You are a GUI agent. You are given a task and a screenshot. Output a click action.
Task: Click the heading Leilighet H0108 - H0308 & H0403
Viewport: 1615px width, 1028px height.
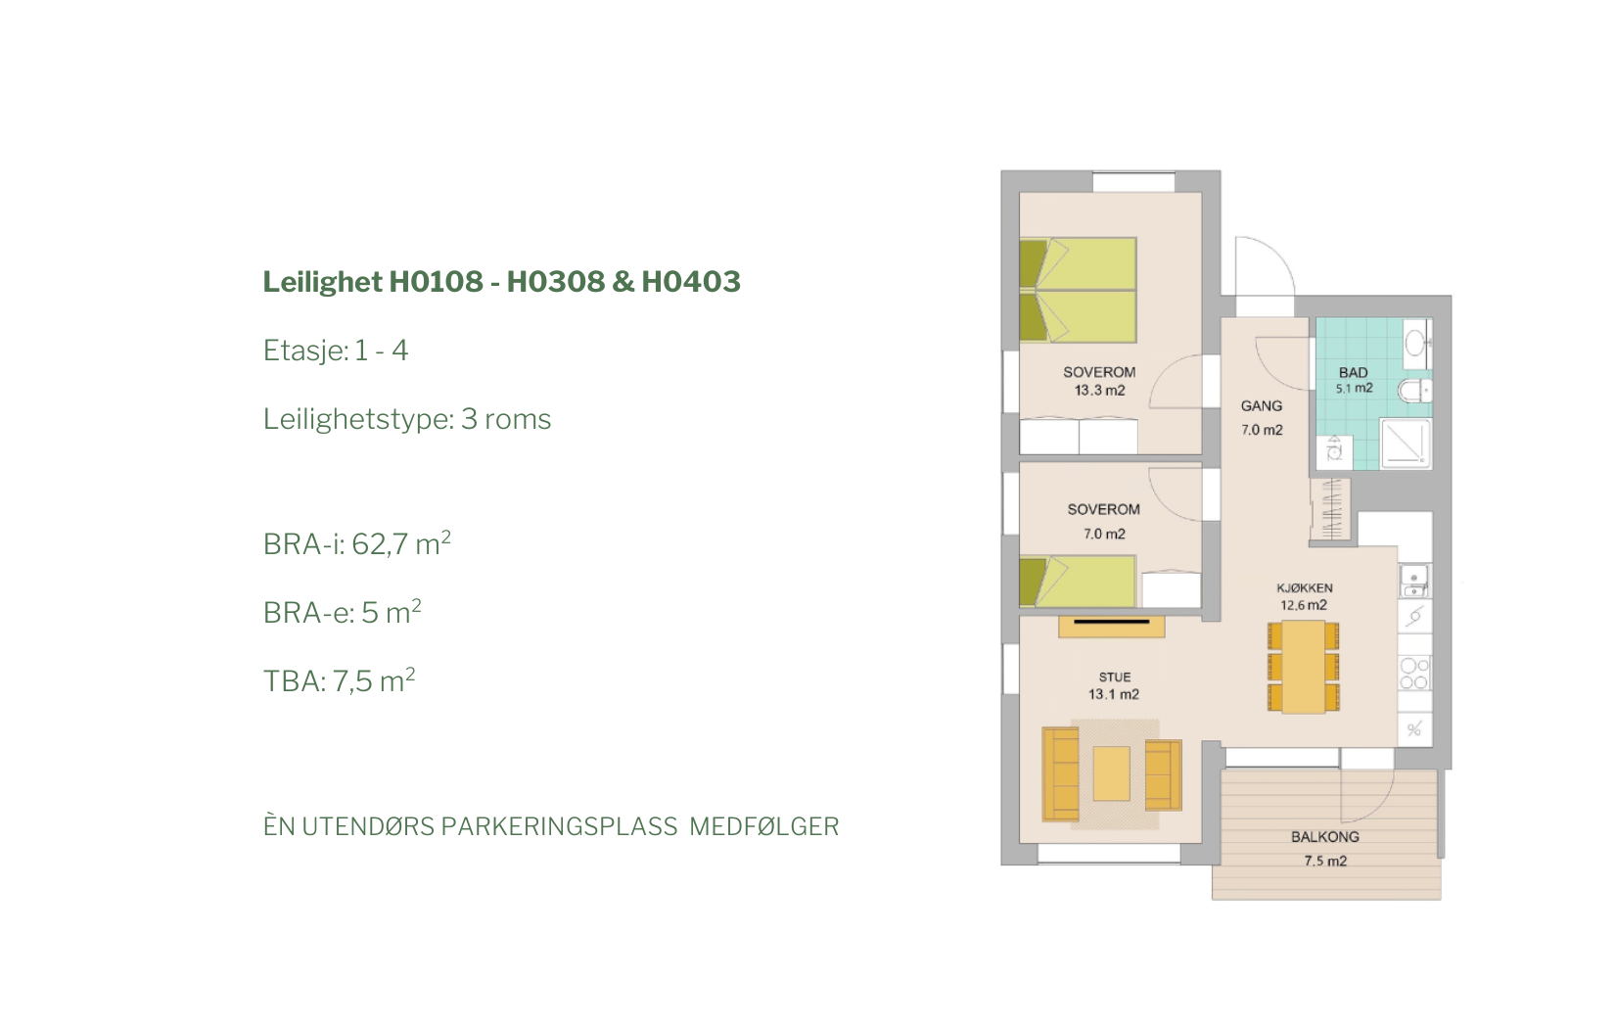501,282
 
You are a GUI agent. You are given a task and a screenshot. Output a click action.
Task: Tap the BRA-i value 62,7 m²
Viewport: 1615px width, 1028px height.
401,544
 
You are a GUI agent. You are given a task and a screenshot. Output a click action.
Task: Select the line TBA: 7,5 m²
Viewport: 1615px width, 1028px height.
339,680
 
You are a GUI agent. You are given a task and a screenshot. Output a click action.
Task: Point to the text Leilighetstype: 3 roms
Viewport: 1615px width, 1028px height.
406,419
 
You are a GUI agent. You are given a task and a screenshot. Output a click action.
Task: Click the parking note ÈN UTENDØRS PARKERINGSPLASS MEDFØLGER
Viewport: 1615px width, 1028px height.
551,826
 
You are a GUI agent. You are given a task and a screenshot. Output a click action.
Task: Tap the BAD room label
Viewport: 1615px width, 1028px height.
1354,372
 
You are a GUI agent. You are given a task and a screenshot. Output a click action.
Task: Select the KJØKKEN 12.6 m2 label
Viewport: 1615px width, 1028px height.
1305,596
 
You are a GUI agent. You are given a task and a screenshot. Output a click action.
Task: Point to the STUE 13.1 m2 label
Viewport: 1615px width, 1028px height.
1114,686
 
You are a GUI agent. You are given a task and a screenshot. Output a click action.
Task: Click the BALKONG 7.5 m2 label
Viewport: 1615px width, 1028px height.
1325,849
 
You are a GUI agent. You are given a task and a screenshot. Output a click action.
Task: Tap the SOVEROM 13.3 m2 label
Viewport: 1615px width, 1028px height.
1099,381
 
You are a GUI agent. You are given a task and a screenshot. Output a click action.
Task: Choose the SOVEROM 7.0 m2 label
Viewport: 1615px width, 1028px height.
1104,521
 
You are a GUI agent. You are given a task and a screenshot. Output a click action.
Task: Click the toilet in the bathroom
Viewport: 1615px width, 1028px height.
1414,391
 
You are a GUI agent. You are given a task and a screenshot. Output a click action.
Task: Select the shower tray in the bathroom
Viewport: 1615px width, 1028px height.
1406,443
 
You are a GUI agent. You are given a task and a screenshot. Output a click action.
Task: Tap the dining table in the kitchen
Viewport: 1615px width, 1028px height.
1304,667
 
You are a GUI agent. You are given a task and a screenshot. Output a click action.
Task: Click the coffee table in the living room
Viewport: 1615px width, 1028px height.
1111,773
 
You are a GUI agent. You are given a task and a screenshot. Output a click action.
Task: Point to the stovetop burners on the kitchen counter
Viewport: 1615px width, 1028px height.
1414,673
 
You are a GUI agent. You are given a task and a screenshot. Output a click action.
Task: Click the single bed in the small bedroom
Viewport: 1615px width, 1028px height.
1078,581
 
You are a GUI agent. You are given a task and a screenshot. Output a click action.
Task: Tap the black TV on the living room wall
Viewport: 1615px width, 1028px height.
1111,621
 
